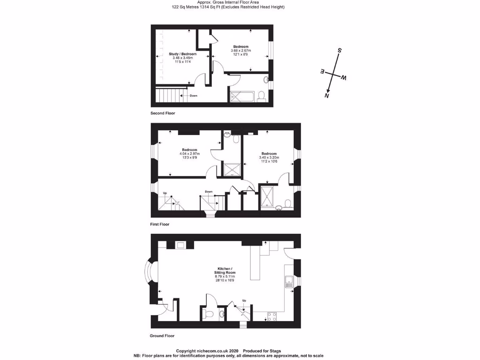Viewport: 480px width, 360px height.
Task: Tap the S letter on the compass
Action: pyautogui.click(x=340, y=51)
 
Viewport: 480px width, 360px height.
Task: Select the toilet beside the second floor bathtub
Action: pyautogui.click(x=262, y=96)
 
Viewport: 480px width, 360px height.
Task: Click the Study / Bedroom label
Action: pyautogui.click(x=182, y=54)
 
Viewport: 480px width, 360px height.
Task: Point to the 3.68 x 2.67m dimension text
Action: pyautogui.click(x=241, y=51)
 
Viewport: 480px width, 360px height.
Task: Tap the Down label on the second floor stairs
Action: pyautogui.click(x=194, y=96)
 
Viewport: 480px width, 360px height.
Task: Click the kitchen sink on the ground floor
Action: pyautogui.click(x=289, y=282)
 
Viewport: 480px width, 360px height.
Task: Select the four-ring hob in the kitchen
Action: pyautogui.click(x=272, y=315)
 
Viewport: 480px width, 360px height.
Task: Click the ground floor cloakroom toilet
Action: pyautogui.click(x=210, y=314)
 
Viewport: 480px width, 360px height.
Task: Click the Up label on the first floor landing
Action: pyautogui.click(x=165, y=193)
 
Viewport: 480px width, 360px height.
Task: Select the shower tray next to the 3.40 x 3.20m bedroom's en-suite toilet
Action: pyautogui.click(x=266, y=197)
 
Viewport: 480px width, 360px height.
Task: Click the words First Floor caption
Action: pyautogui.click(x=159, y=225)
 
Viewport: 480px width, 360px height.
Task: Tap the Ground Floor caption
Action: pyautogui.click(x=162, y=336)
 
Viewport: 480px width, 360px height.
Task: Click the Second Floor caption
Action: pyautogui.click(x=162, y=113)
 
